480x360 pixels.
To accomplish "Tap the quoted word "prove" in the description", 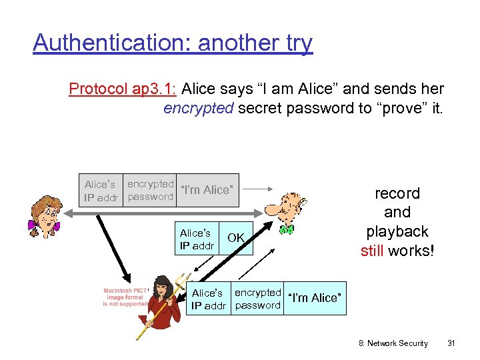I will pyautogui.click(x=402, y=108).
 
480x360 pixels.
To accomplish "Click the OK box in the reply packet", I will pyautogui.click(x=236, y=238).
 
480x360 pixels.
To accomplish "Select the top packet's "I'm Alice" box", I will pyautogui.click(x=207, y=190).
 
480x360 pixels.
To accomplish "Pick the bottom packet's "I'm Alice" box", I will pyautogui.click(x=315, y=298).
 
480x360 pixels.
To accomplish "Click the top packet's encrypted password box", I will pyautogui.click(x=150, y=190).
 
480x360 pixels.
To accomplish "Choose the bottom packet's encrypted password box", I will pyautogui.click(x=257, y=298).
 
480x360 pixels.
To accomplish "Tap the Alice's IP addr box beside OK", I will pyautogui.click(x=197, y=238).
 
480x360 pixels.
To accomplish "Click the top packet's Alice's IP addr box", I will pyautogui.click(x=101, y=190).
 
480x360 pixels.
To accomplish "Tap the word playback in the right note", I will pyautogui.click(x=397, y=233).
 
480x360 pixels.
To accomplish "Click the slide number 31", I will pyautogui.click(x=451, y=343).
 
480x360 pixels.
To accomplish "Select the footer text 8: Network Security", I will pyautogui.click(x=393, y=343).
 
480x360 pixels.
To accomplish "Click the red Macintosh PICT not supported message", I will pyautogui.click(x=125, y=297).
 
